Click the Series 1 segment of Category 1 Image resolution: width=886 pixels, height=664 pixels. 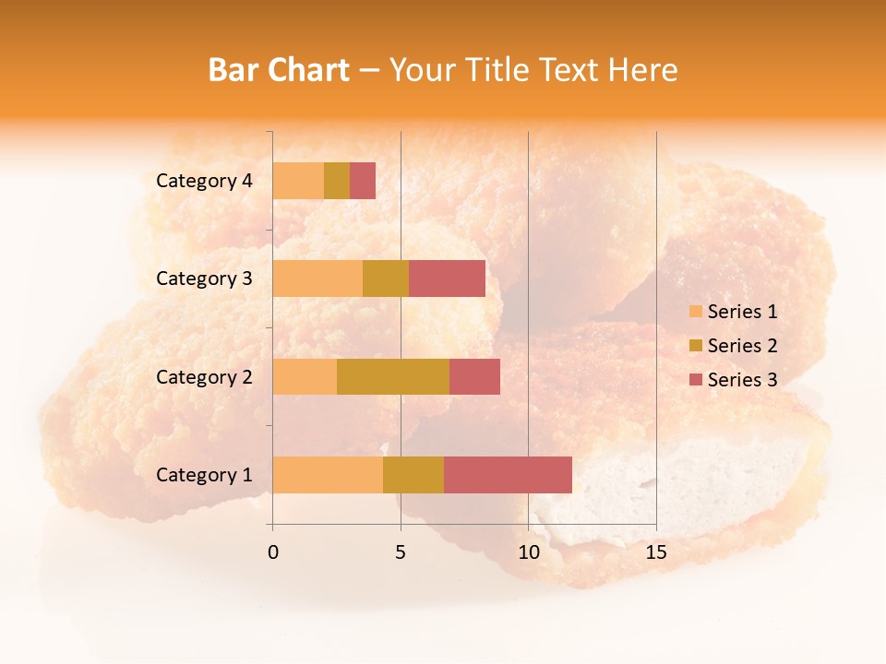(x=328, y=474)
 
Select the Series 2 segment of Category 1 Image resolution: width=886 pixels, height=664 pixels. (x=413, y=474)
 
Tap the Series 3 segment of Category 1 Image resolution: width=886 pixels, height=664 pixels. (x=508, y=474)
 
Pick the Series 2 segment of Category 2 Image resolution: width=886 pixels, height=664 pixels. (x=393, y=376)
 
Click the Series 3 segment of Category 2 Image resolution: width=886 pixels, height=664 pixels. (x=474, y=376)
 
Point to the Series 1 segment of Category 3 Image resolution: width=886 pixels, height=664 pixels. (x=317, y=279)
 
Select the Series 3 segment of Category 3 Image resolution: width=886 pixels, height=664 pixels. (x=447, y=279)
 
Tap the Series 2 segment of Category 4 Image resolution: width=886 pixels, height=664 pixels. (x=337, y=181)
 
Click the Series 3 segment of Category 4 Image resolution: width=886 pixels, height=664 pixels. (x=363, y=181)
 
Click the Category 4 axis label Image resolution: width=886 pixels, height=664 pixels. (x=204, y=181)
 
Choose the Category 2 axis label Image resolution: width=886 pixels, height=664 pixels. (x=204, y=376)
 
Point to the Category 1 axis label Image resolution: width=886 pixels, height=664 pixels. (x=204, y=475)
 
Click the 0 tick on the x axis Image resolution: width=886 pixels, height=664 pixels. (x=273, y=552)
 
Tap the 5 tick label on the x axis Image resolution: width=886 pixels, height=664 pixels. (x=401, y=552)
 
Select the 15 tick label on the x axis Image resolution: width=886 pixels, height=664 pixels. (x=655, y=552)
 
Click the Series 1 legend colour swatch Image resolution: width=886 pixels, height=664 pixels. (x=696, y=312)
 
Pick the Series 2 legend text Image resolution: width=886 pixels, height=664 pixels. (x=742, y=346)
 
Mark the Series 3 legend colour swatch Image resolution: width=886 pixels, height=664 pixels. (x=696, y=379)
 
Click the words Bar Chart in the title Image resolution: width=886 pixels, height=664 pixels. (x=279, y=70)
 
